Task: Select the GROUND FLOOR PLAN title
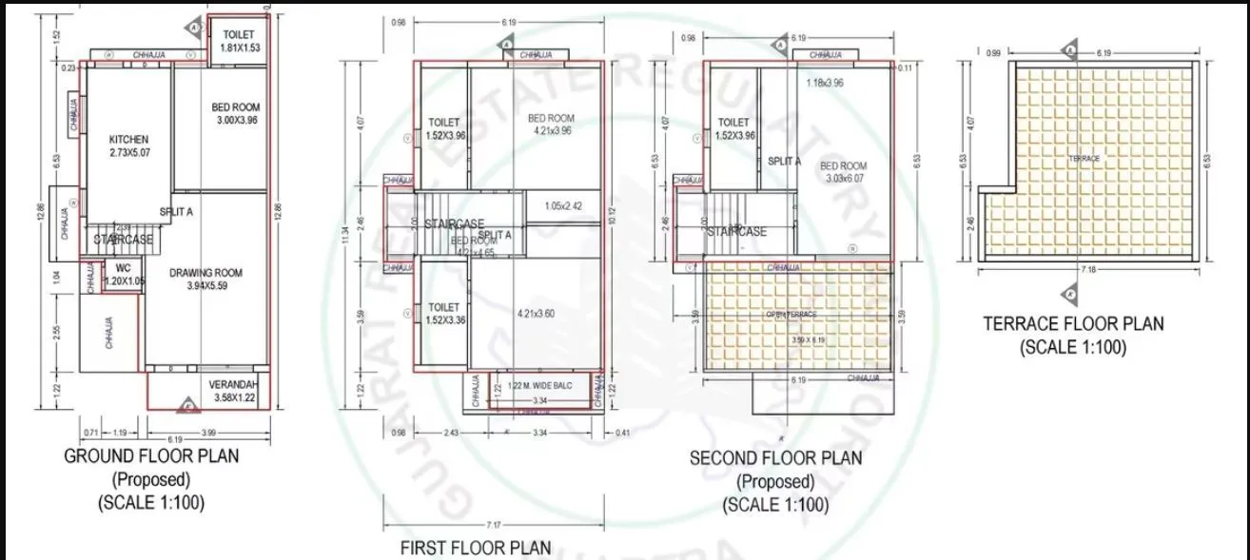tap(151, 456)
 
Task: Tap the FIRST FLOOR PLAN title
tap(475, 548)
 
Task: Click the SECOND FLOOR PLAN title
tap(775, 458)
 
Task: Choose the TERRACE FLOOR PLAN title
tap(1073, 324)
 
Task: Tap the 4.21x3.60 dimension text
tap(536, 313)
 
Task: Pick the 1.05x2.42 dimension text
tap(563, 206)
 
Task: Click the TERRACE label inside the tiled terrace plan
tap(1084, 159)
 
